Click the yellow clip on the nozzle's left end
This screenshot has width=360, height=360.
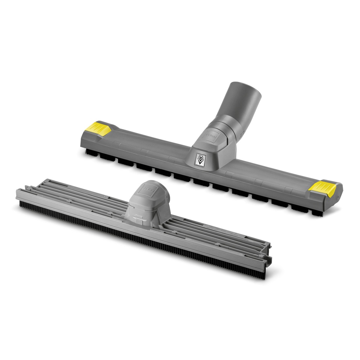(x=99, y=129)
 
